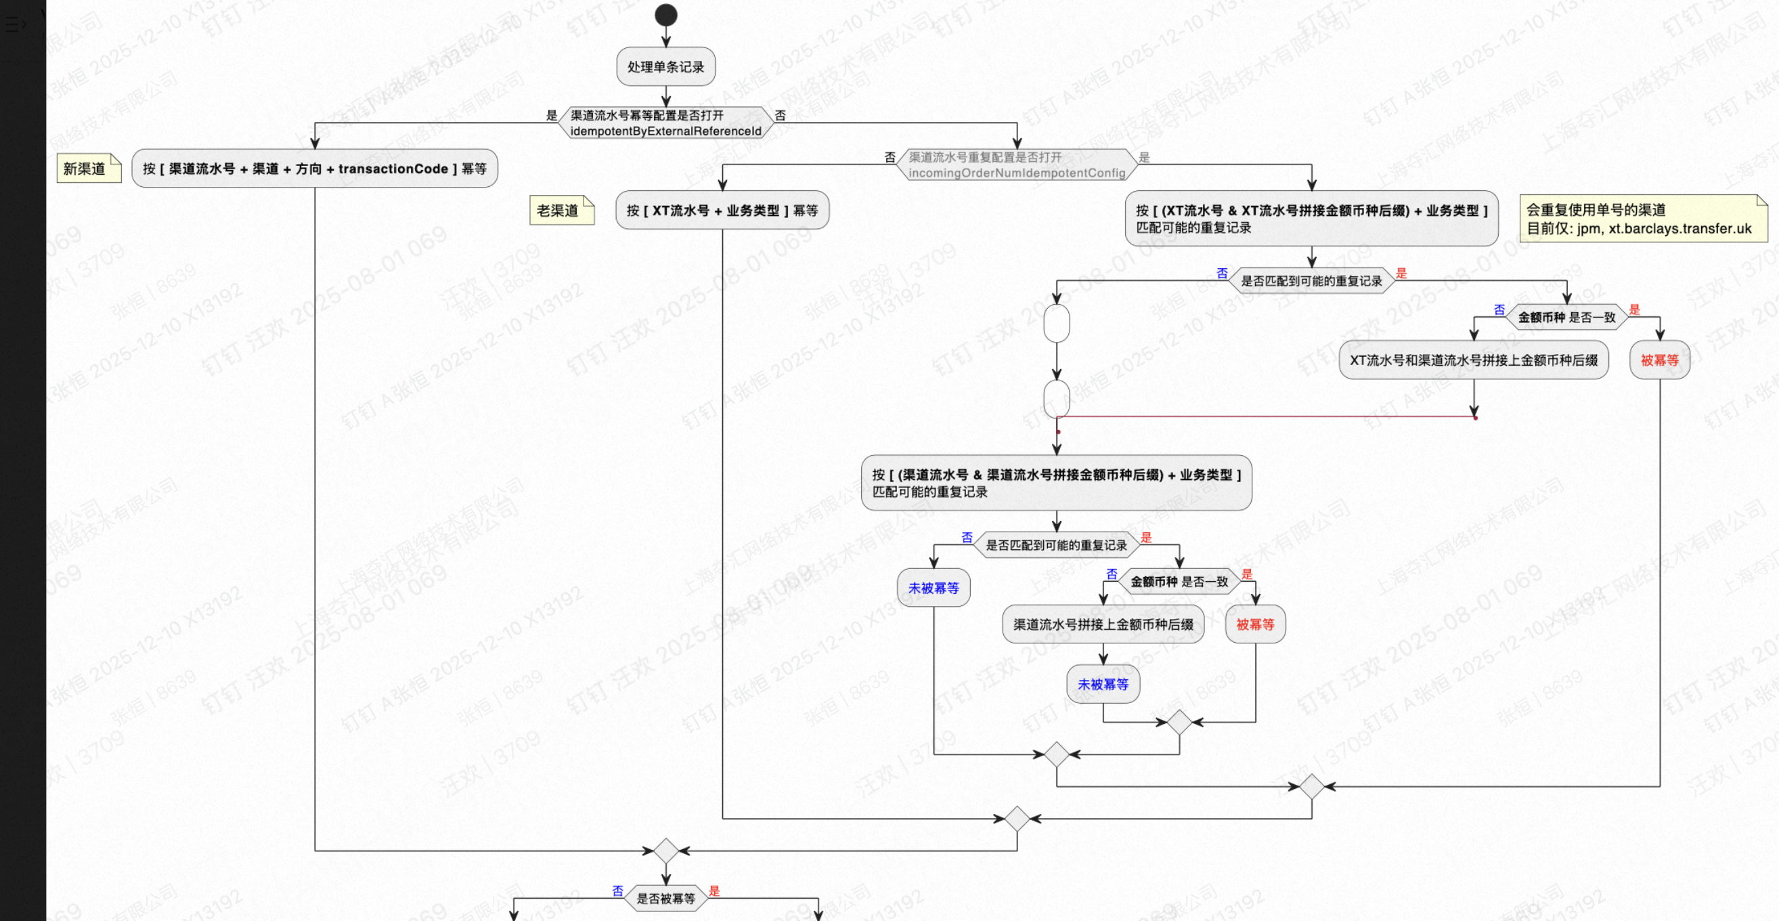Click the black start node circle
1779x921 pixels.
(x=665, y=14)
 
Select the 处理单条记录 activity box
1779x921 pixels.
(x=665, y=67)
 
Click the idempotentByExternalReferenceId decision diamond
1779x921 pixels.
(x=665, y=123)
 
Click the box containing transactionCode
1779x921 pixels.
(x=314, y=169)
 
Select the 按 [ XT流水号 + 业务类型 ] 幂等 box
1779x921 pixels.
(x=722, y=210)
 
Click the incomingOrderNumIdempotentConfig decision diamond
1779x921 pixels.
(x=1017, y=165)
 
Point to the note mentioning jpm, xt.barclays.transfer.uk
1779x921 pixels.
(x=1642, y=219)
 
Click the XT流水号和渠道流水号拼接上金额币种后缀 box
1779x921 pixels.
(x=1473, y=360)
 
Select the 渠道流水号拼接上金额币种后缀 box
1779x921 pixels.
(x=1103, y=624)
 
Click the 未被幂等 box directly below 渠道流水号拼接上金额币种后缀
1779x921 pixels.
(x=1103, y=684)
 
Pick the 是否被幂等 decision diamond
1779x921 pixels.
(x=665, y=898)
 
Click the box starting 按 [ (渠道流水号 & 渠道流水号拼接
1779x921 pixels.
(x=1056, y=483)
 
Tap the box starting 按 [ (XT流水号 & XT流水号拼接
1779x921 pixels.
(x=1311, y=218)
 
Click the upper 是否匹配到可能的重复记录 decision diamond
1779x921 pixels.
(x=1311, y=280)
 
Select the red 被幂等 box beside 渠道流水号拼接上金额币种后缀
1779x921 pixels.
(x=1255, y=624)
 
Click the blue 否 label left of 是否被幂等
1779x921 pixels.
(x=617, y=891)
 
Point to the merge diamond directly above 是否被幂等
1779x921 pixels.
(x=665, y=851)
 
